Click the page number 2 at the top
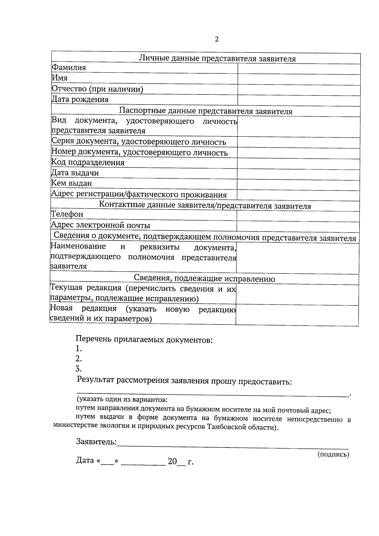(217, 39)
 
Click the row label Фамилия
(69, 68)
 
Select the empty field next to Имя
(299, 80)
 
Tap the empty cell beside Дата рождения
(299, 101)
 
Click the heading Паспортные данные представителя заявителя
(206, 111)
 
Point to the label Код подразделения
(88, 163)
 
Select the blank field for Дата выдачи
(298, 175)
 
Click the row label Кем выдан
(72, 183)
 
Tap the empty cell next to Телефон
(298, 216)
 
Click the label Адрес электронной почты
(100, 225)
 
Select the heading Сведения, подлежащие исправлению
(204, 279)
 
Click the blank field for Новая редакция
(297, 315)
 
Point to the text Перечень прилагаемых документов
(144, 340)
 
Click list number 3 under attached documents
(79, 369)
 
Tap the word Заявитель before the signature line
(96, 442)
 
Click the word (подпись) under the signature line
(333, 455)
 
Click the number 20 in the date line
(172, 461)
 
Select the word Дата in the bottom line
(85, 461)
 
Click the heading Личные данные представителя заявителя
(217, 59)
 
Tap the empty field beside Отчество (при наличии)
(299, 90)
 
